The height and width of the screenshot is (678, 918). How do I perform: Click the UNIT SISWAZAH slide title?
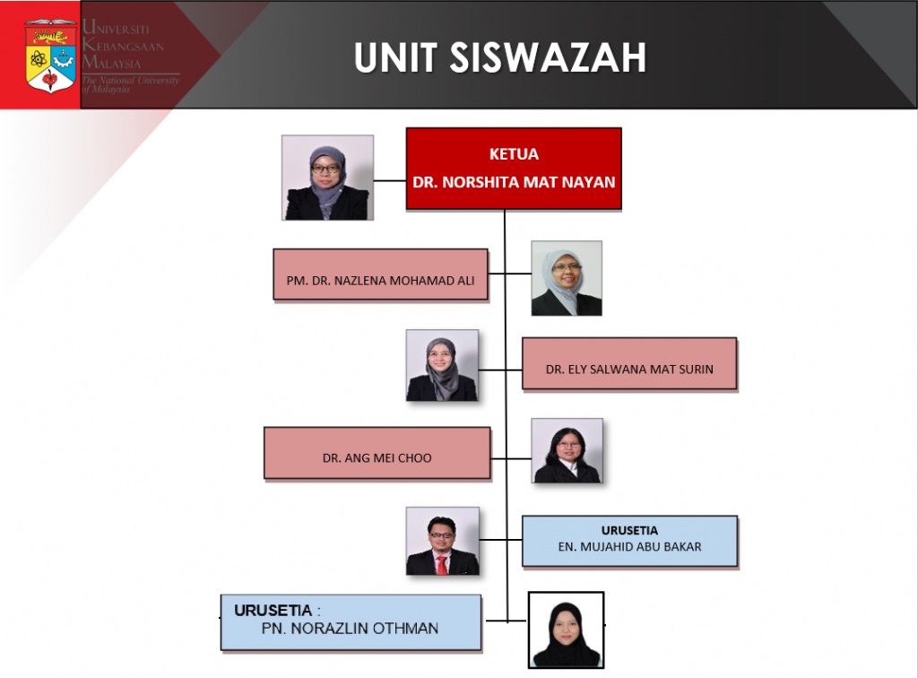click(500, 57)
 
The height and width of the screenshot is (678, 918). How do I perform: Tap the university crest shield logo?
click(51, 56)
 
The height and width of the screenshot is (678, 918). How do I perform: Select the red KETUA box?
click(514, 169)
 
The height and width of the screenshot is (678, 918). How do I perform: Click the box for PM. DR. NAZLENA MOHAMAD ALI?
click(380, 274)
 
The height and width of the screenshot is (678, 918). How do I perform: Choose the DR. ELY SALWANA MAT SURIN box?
click(629, 363)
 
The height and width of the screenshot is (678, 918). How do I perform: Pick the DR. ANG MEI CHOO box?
click(377, 453)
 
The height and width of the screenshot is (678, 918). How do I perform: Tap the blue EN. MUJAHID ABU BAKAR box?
click(629, 541)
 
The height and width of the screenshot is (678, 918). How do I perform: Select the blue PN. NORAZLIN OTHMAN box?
click(351, 622)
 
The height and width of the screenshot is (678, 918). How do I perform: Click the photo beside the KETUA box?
click(327, 178)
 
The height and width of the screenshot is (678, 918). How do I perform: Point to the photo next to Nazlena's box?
click(567, 278)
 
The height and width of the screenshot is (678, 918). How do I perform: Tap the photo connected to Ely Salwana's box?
click(442, 365)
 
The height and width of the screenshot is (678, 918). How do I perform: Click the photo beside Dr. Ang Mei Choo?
click(567, 450)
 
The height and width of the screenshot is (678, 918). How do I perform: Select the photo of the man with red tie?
click(443, 541)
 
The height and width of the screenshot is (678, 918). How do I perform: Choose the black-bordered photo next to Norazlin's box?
click(567, 630)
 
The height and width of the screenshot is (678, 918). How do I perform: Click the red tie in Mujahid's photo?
click(442, 565)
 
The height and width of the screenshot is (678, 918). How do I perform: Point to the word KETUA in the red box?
click(514, 154)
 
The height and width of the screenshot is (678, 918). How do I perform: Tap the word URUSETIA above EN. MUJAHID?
click(629, 530)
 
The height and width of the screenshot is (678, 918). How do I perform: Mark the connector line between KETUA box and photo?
click(390, 180)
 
